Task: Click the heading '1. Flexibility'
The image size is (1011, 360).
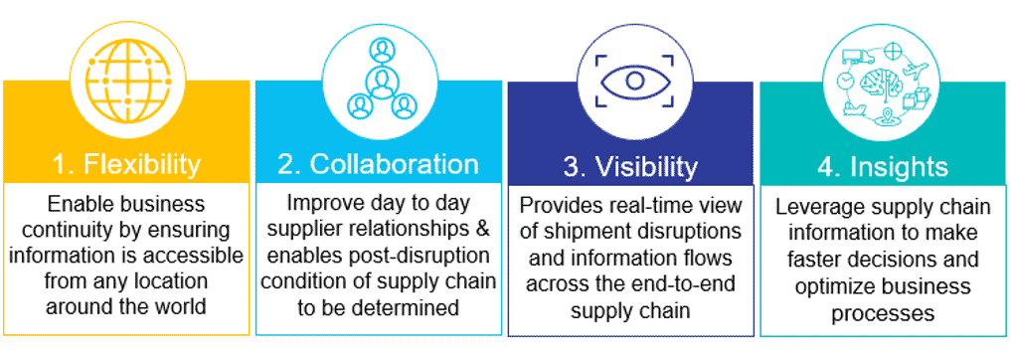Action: (x=125, y=163)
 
